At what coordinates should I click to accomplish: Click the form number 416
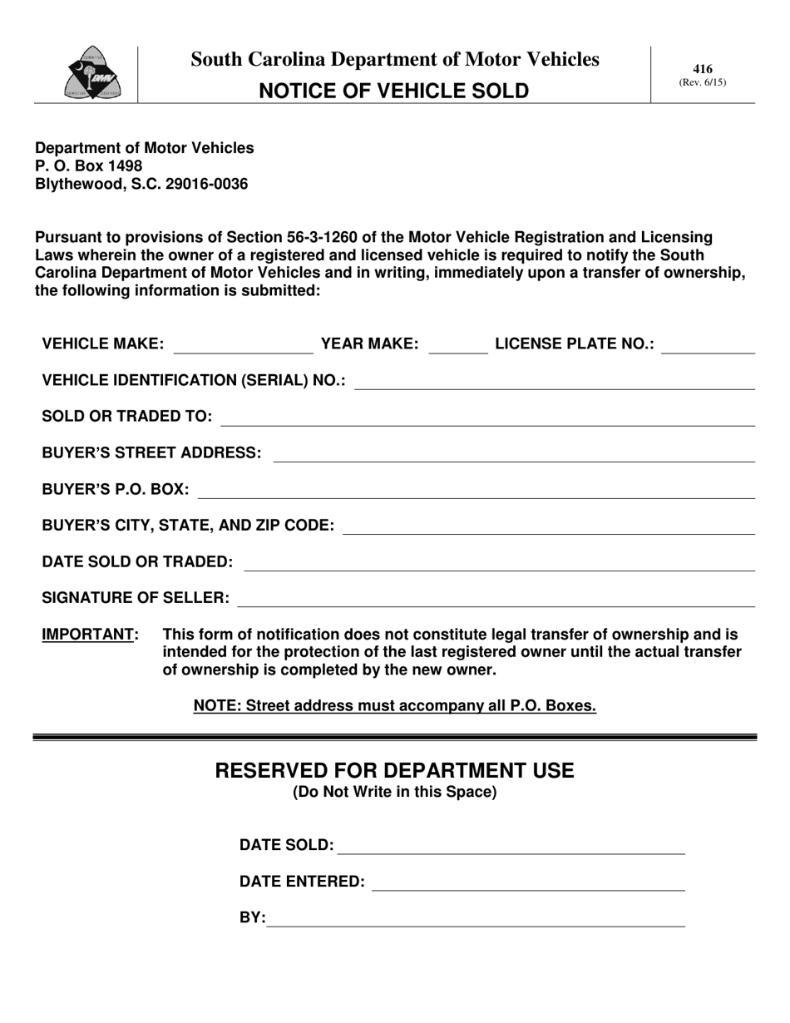tap(703, 69)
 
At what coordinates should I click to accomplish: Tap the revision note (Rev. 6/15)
tap(703, 82)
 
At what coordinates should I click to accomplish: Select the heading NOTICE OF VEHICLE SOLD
tap(394, 91)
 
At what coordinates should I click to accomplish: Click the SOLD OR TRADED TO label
tap(127, 416)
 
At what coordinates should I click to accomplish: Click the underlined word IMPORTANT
tap(89, 635)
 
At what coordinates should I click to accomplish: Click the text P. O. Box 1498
tap(88, 166)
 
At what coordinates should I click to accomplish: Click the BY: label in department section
tap(253, 918)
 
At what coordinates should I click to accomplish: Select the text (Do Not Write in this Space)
tap(394, 792)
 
